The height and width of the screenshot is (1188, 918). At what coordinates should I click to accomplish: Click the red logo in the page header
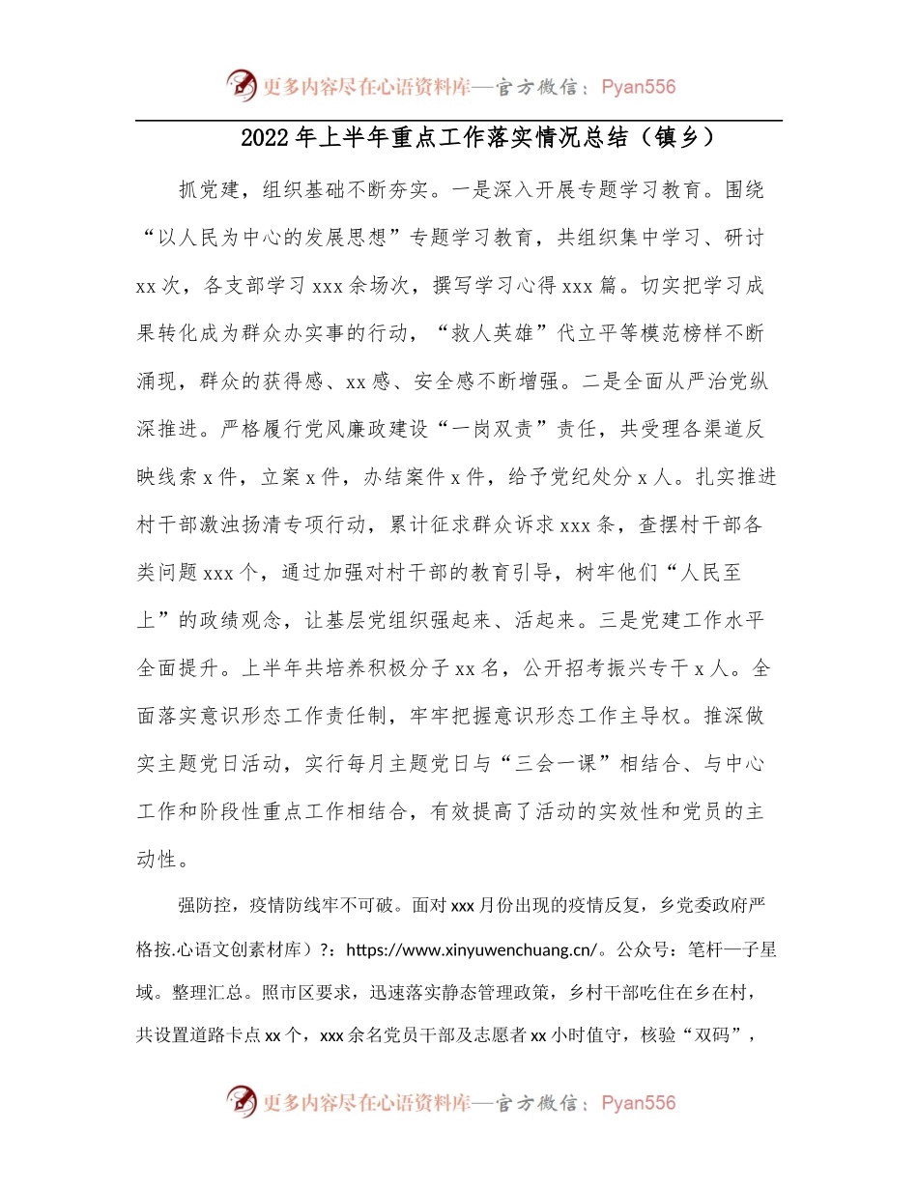click(243, 86)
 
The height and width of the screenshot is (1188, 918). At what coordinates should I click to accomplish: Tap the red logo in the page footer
click(243, 1102)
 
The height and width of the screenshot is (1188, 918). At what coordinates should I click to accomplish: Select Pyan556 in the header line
click(638, 87)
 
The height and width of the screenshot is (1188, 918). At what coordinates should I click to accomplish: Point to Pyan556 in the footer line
click(638, 1103)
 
